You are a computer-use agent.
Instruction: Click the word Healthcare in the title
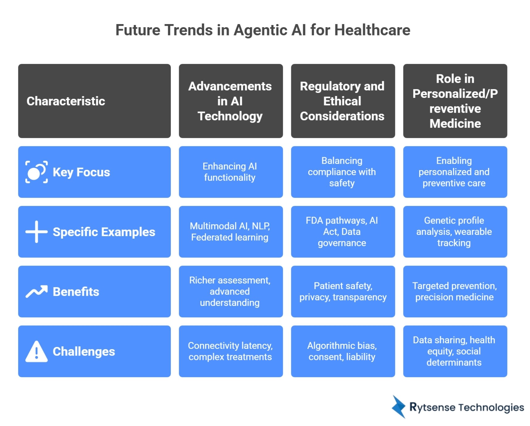(372, 30)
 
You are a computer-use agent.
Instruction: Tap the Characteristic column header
(94, 101)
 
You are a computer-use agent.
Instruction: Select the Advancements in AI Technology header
(230, 101)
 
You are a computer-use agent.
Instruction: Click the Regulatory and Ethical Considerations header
(343, 101)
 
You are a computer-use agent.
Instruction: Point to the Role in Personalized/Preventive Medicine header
(455, 101)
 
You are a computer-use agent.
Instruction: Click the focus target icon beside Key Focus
(36, 172)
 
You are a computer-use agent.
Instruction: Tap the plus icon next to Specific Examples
(36, 232)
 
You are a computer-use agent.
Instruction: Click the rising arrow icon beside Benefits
(36, 291)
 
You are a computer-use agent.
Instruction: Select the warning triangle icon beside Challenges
(36, 351)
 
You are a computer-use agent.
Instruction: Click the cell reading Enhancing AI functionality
(230, 172)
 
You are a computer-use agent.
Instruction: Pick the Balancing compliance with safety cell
(343, 172)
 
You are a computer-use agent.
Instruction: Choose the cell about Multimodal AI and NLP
(230, 232)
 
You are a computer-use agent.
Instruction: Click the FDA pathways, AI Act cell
(343, 232)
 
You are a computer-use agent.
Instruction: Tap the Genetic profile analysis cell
(455, 232)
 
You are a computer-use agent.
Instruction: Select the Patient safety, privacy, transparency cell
(343, 291)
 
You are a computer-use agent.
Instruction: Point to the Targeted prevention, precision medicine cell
(455, 291)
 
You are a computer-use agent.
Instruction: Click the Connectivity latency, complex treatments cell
(230, 351)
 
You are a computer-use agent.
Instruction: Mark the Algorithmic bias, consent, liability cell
(343, 351)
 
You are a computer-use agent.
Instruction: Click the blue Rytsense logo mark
(398, 407)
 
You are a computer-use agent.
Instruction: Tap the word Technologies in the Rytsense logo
(491, 407)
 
